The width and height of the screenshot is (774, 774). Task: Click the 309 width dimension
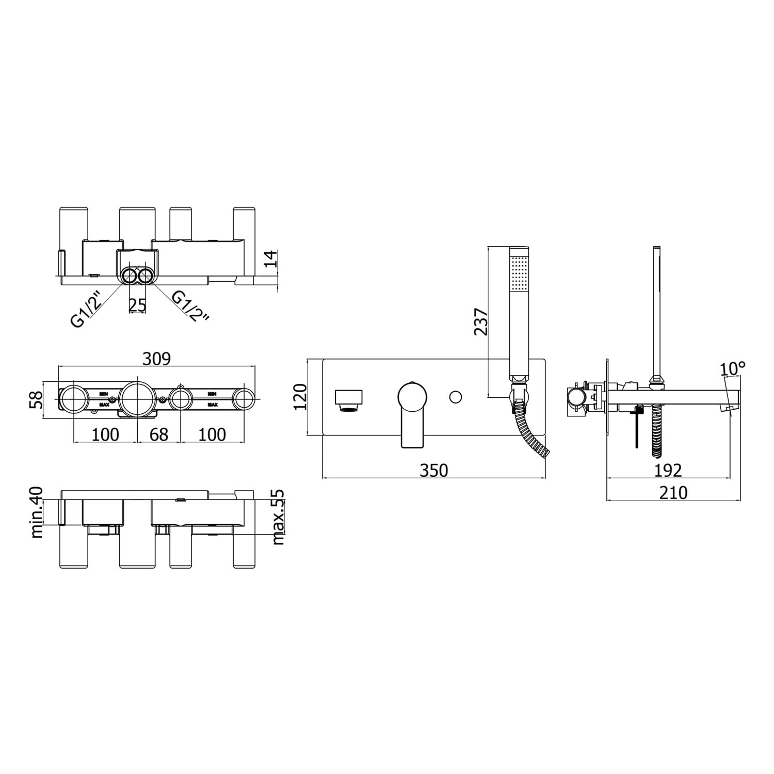point(157,358)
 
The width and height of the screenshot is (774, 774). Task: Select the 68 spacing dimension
point(159,434)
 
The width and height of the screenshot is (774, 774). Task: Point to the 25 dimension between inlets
point(137,305)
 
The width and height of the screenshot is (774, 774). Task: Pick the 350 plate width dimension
point(434,470)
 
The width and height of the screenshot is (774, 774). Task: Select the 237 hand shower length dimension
point(480,321)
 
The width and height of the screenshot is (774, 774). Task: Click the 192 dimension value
point(668,470)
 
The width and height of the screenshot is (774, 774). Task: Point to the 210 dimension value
point(673,493)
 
